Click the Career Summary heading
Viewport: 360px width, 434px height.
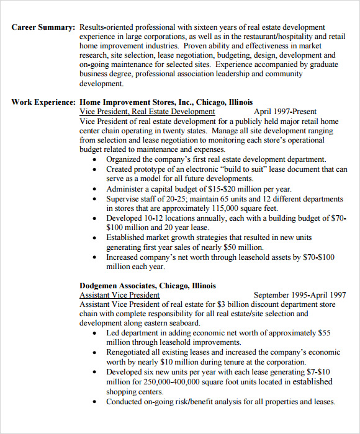[43, 27]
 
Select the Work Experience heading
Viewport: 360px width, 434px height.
[43, 102]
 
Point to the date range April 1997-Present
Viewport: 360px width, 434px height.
[286, 112]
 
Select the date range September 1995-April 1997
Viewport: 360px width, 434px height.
[300, 295]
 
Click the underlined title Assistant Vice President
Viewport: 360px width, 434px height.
[120, 295]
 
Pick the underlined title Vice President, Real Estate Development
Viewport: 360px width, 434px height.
[147, 112]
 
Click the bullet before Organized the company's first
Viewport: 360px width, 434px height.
[94, 160]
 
